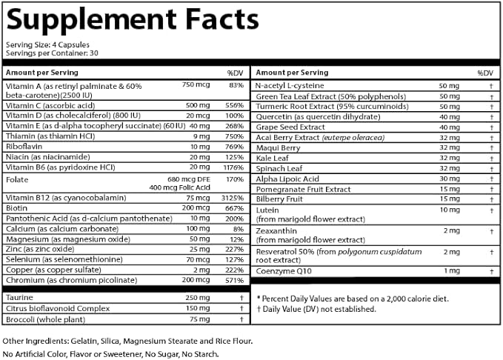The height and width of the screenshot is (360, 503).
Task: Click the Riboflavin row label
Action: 24,147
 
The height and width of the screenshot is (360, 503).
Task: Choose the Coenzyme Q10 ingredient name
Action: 280,271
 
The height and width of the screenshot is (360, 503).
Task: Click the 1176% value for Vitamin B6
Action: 233,167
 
